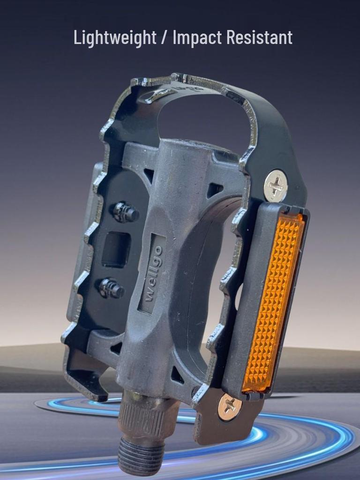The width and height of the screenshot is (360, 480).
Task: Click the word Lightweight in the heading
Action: (115, 38)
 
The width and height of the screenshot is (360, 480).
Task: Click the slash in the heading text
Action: (165, 37)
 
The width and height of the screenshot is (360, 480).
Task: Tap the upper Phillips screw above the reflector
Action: (276, 186)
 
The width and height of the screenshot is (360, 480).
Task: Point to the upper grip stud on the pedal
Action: (126, 212)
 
